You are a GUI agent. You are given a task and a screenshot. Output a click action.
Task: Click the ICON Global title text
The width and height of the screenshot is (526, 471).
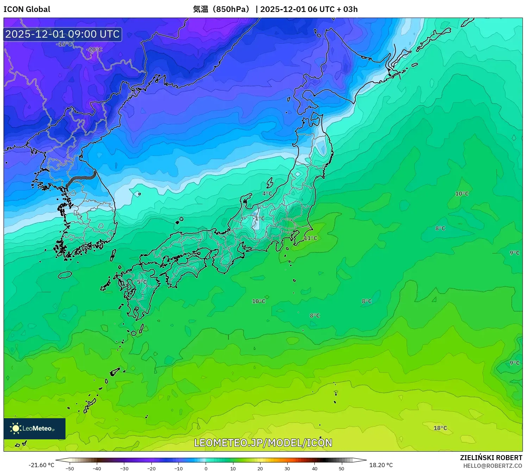tap(27, 9)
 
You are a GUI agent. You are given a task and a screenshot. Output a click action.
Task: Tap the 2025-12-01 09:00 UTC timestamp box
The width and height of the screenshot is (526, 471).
tap(62, 34)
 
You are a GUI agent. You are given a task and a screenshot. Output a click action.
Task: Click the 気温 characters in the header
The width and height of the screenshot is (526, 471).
tap(201, 9)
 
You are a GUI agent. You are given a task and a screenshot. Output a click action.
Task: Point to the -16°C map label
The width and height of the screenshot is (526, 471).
tap(64, 44)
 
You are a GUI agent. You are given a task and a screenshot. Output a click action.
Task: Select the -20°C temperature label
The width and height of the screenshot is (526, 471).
tap(94, 49)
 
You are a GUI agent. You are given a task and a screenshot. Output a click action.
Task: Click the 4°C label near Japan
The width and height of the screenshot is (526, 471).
tap(267, 194)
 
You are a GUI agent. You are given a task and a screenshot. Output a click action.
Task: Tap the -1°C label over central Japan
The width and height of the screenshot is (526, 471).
tap(259, 218)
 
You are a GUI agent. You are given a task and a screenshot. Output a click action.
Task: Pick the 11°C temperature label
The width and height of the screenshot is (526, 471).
tap(311, 238)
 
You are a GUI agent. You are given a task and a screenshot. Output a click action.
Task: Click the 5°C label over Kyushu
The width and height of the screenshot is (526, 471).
tap(142, 282)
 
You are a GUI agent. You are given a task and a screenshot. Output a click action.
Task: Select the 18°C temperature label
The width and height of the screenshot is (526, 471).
tap(440, 428)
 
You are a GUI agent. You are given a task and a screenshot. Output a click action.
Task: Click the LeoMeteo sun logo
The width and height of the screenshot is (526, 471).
tap(15, 428)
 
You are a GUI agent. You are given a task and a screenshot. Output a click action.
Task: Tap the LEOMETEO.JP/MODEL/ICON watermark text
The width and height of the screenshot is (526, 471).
tap(263, 442)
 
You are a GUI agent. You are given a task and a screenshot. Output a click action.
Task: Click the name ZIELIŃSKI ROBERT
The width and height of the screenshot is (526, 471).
tap(491, 458)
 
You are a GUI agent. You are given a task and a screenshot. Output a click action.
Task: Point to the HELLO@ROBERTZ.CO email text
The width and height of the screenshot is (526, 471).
tap(493, 466)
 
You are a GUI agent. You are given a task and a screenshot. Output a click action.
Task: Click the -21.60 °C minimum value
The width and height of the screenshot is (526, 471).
tap(41, 465)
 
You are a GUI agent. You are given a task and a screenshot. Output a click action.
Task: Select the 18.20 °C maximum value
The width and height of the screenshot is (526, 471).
tap(381, 465)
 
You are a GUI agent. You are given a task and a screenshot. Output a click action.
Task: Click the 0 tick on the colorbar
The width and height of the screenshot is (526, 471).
tap(206, 469)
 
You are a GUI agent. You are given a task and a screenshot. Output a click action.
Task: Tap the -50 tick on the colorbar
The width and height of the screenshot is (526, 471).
tap(70, 469)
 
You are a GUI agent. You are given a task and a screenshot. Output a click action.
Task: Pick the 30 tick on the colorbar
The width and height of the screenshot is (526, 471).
tap(287, 469)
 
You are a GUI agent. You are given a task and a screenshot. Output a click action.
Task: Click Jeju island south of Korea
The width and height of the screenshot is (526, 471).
tap(65, 275)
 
